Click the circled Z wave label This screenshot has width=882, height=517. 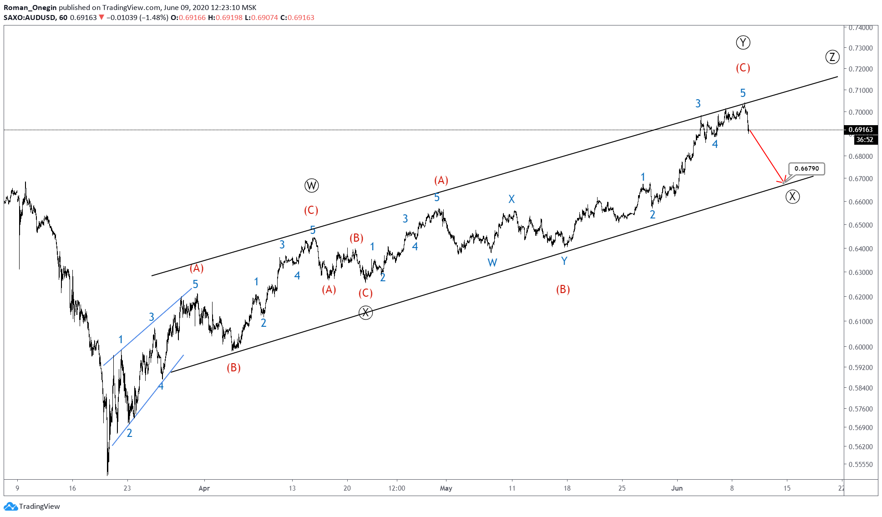click(832, 57)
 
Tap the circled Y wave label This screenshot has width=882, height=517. click(743, 43)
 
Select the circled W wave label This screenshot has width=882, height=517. click(311, 185)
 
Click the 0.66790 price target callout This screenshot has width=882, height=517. click(806, 168)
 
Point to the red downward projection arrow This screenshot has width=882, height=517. click(766, 157)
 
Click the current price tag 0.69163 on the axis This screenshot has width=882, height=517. click(860, 130)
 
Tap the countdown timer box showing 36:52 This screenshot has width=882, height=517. click(864, 140)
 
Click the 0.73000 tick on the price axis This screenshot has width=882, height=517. click(861, 48)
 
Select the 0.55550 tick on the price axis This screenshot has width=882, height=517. click(861, 464)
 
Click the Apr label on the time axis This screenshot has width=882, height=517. click(204, 488)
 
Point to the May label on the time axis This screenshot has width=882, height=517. click(446, 488)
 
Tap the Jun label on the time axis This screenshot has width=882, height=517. click(677, 488)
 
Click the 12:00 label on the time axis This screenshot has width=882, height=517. click(396, 488)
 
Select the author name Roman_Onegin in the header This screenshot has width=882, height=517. click(30, 7)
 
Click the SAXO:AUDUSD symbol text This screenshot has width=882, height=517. click(30, 17)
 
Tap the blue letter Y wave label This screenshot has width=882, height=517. click(564, 261)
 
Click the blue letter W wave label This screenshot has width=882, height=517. click(492, 263)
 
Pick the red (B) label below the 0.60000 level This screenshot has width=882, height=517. click(233, 368)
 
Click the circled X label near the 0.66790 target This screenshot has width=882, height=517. click(792, 197)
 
